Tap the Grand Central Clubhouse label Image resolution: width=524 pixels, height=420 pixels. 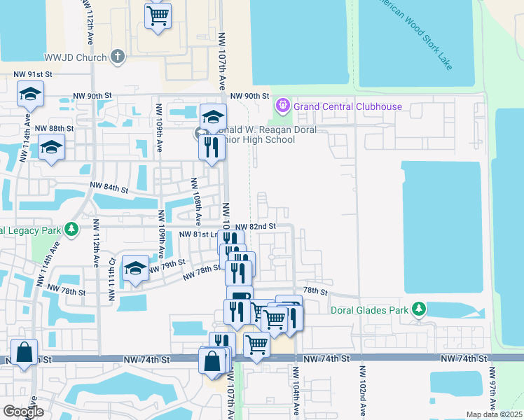[347, 106]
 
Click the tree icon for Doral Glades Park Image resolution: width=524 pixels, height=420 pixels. [419, 309]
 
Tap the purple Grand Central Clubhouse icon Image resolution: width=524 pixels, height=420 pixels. [283, 106]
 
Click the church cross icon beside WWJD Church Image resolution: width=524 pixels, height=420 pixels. [118, 57]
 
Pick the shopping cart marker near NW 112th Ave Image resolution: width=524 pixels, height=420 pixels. [158, 14]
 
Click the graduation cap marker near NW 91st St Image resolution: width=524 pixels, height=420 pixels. [30, 94]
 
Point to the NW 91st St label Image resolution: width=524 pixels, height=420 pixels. [33, 74]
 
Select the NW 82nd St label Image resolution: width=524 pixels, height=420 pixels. [256, 227]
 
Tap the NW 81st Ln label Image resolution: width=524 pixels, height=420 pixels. [195, 234]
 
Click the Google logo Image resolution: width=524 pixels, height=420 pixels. [23, 412]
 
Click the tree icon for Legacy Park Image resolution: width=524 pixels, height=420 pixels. [71, 230]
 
